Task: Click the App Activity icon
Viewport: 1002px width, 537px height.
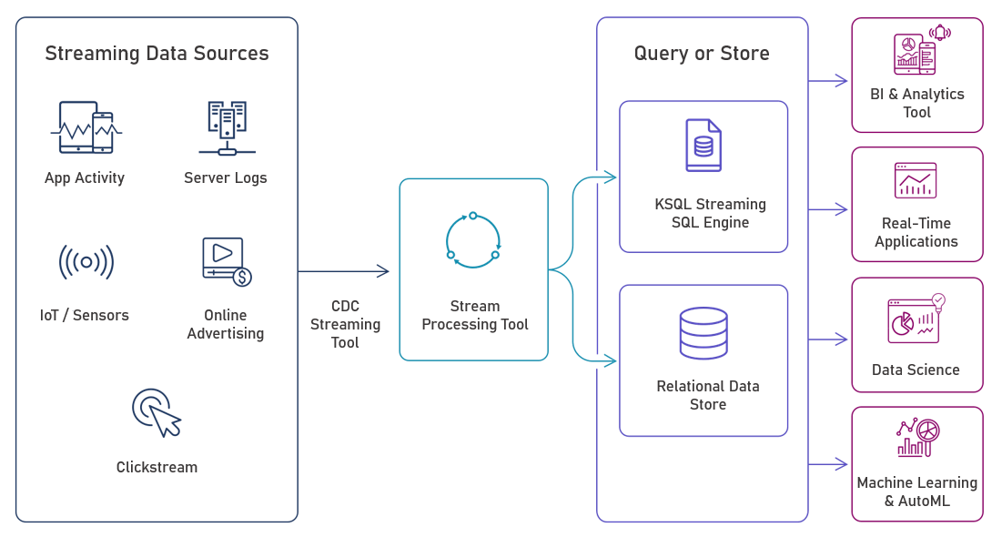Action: [86, 127]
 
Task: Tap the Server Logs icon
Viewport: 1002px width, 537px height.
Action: [227, 127]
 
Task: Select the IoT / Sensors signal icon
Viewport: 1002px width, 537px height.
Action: [86, 262]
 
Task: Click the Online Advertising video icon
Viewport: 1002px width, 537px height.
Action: [227, 261]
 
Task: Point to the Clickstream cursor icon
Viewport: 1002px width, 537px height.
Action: [157, 413]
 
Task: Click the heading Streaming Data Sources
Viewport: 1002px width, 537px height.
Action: [157, 53]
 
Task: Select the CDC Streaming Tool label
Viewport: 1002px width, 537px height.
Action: [345, 324]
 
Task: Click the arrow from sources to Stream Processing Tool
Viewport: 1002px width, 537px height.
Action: [343, 271]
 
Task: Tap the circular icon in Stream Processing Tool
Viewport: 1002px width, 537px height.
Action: [473, 240]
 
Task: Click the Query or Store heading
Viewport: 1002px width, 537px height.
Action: [702, 53]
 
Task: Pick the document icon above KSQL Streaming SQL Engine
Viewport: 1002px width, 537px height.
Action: [703, 145]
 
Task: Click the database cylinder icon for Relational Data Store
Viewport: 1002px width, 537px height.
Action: [703, 333]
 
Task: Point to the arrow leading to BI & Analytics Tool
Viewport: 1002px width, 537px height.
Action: [828, 80]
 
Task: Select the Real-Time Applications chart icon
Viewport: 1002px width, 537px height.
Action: [916, 180]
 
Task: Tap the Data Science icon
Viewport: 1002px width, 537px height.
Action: [916, 319]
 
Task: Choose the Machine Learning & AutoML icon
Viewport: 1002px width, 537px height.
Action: [917, 438]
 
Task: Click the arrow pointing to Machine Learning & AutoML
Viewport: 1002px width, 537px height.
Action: [828, 464]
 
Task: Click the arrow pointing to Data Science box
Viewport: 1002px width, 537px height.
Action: [828, 339]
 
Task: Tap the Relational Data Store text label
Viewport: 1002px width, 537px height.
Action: [708, 395]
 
